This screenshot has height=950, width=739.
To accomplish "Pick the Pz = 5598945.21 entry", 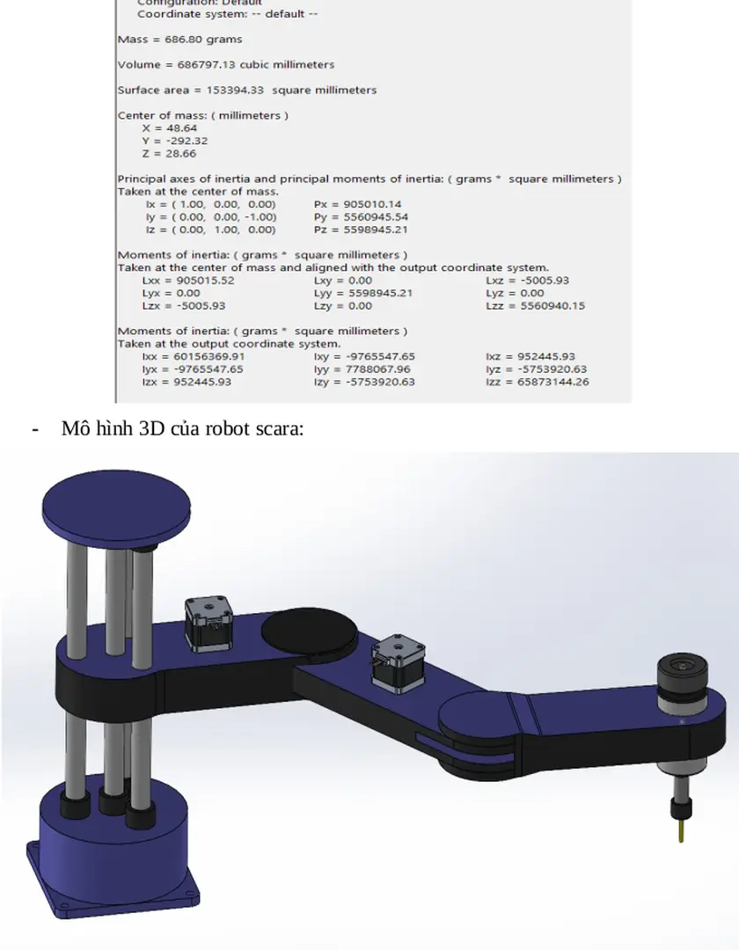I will [361, 230].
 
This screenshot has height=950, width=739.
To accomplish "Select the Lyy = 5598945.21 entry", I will [362, 293].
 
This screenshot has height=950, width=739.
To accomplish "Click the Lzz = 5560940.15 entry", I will [535, 306].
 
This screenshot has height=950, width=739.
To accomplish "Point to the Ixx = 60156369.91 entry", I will [193, 357].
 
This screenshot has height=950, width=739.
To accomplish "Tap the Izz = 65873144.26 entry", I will [537, 382].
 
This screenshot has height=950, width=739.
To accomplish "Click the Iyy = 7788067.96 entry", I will [362, 369].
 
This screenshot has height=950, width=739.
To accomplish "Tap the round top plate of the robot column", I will [116, 502].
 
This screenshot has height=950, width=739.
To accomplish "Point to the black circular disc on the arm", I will [309, 629].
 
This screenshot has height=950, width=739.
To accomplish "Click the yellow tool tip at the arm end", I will [681, 829].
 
